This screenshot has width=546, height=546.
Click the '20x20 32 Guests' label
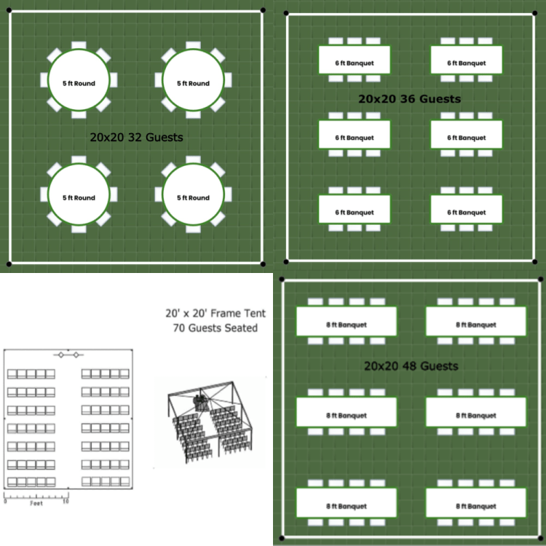tap(136, 137)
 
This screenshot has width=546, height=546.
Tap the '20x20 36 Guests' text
tap(410, 98)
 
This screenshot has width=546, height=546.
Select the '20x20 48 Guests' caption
tap(411, 365)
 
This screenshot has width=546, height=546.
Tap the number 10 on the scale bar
tap(66, 502)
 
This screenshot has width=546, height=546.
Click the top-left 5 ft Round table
tap(79, 82)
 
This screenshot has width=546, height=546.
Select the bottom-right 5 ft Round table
tap(194, 197)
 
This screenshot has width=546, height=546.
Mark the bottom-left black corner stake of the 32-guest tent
tap(9, 264)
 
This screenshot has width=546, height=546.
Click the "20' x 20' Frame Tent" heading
tap(215, 313)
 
